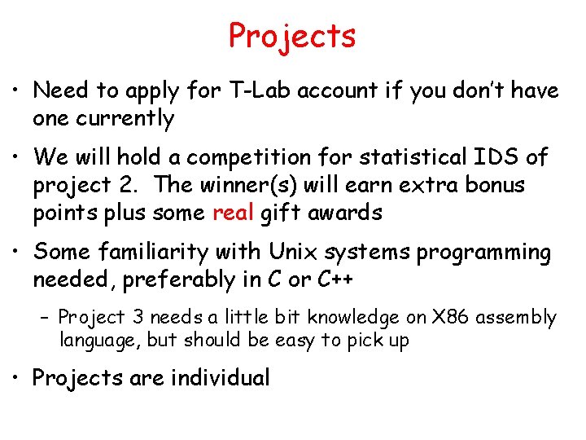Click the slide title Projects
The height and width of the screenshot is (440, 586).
point(292,37)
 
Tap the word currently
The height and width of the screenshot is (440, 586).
point(125,119)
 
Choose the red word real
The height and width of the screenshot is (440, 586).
point(234,213)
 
